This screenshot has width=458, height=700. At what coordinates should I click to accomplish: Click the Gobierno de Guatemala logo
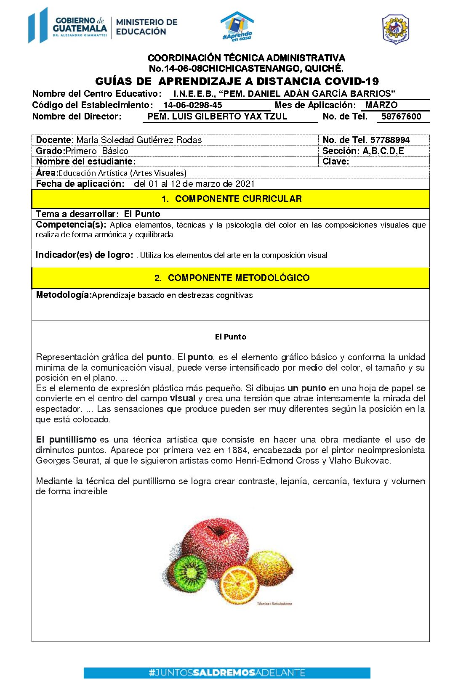coord(68,25)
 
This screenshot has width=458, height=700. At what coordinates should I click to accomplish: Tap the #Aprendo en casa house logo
coord(237,26)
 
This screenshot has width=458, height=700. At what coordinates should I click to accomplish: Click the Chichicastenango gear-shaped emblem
coord(395,29)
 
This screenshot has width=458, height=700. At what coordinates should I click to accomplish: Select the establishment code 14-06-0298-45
coord(193,105)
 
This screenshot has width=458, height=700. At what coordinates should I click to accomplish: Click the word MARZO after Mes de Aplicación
coord(381,105)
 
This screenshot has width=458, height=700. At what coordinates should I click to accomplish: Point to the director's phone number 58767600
coord(401,117)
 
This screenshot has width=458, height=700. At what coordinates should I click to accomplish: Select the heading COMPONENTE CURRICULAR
coord(238,199)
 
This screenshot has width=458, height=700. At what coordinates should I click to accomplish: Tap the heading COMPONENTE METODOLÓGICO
coord(238,278)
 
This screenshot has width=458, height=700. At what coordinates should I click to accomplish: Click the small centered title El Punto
coord(230,337)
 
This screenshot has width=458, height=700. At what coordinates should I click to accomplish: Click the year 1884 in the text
coord(237,450)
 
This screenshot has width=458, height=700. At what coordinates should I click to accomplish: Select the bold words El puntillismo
coord(66,440)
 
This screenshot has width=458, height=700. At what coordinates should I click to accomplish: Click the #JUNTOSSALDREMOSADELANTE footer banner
coord(227,673)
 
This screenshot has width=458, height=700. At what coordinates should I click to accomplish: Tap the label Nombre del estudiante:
coord(86,162)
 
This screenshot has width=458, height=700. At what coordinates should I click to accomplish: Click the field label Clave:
coord(336,162)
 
